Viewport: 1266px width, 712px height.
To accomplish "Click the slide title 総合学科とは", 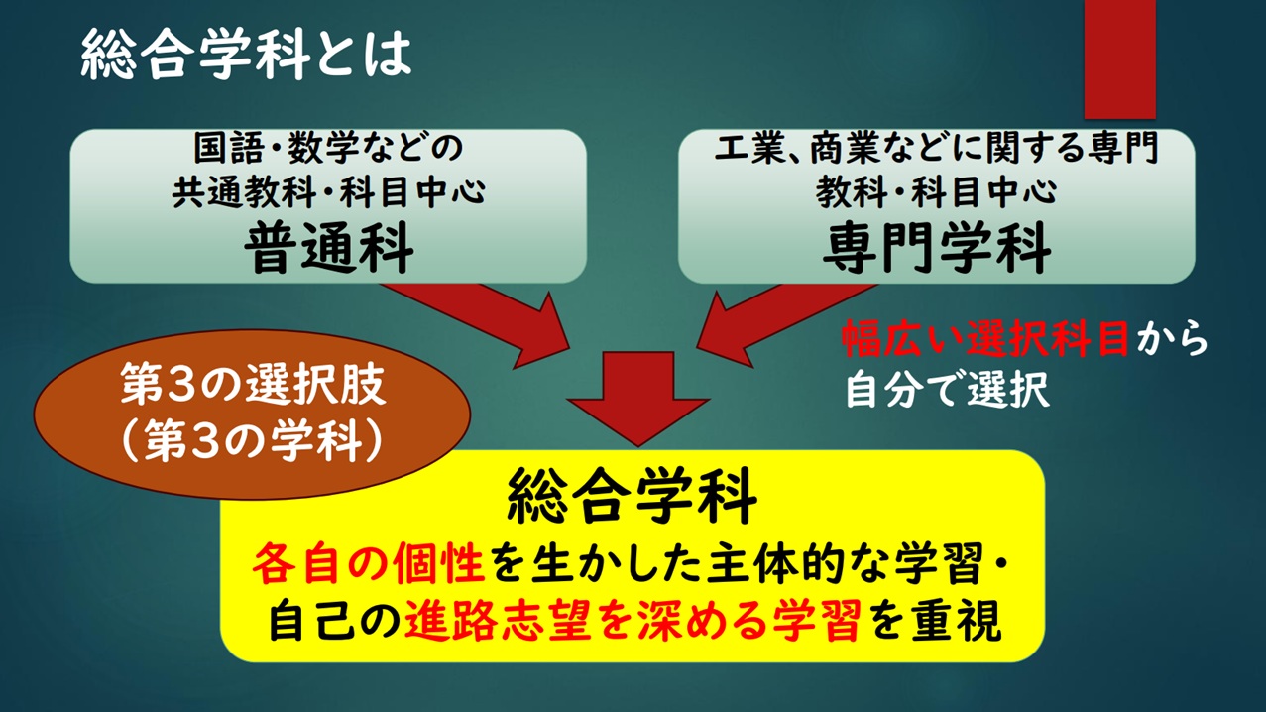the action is [246, 55].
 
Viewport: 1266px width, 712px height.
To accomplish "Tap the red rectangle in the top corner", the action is [1119, 59].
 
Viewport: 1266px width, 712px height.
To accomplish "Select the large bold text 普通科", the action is [329, 248].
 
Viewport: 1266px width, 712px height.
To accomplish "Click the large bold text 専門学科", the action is [937, 248].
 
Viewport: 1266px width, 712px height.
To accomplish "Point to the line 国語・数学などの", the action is [328, 148].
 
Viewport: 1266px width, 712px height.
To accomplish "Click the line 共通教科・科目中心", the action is [328, 192].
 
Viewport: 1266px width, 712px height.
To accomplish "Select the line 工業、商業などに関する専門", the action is [937, 148].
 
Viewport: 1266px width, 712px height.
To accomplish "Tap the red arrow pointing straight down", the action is [638, 399].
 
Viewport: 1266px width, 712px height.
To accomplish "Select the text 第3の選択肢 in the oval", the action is [253, 385].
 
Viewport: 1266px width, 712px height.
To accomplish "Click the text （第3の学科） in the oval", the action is [252, 440].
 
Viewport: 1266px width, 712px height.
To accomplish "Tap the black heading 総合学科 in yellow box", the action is [632, 496].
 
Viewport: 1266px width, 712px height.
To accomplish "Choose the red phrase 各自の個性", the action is [369, 565].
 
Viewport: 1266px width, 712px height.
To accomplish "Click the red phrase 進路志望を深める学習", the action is [633, 620].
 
